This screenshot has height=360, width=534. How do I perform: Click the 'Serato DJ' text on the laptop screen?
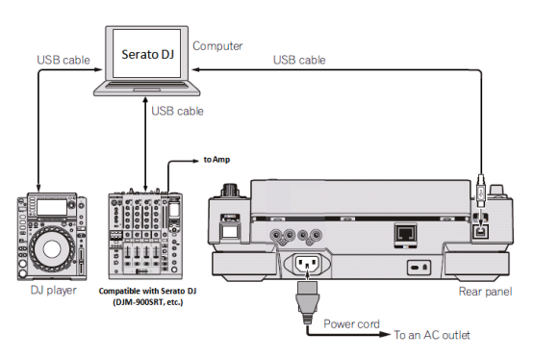[148, 54]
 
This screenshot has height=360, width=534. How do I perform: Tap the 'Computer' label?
[217, 46]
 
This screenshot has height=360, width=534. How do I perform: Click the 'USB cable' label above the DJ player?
[64, 60]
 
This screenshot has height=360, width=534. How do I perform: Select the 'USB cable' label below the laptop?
[177, 111]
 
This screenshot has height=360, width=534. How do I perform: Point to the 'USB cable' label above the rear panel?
[299, 60]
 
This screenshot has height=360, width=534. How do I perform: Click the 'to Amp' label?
[216, 160]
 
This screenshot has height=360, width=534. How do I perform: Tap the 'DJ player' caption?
[54, 290]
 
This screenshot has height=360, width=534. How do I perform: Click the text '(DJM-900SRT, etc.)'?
[148, 302]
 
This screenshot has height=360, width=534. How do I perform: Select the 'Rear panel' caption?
[485, 292]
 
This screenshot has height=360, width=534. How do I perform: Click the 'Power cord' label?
[351, 323]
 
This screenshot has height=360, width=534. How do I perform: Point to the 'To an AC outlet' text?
[432, 335]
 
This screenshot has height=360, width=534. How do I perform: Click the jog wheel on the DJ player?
[52, 248]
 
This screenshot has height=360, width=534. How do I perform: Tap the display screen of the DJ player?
[51, 207]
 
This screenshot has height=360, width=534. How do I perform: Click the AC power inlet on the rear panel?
[307, 264]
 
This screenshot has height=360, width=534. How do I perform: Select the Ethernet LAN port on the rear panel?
[406, 234]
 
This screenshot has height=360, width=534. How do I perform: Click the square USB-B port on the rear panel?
[481, 233]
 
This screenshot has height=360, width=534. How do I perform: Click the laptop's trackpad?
[147, 90]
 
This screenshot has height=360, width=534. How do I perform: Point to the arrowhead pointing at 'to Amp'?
[196, 161]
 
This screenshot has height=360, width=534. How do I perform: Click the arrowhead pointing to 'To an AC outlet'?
[385, 334]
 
